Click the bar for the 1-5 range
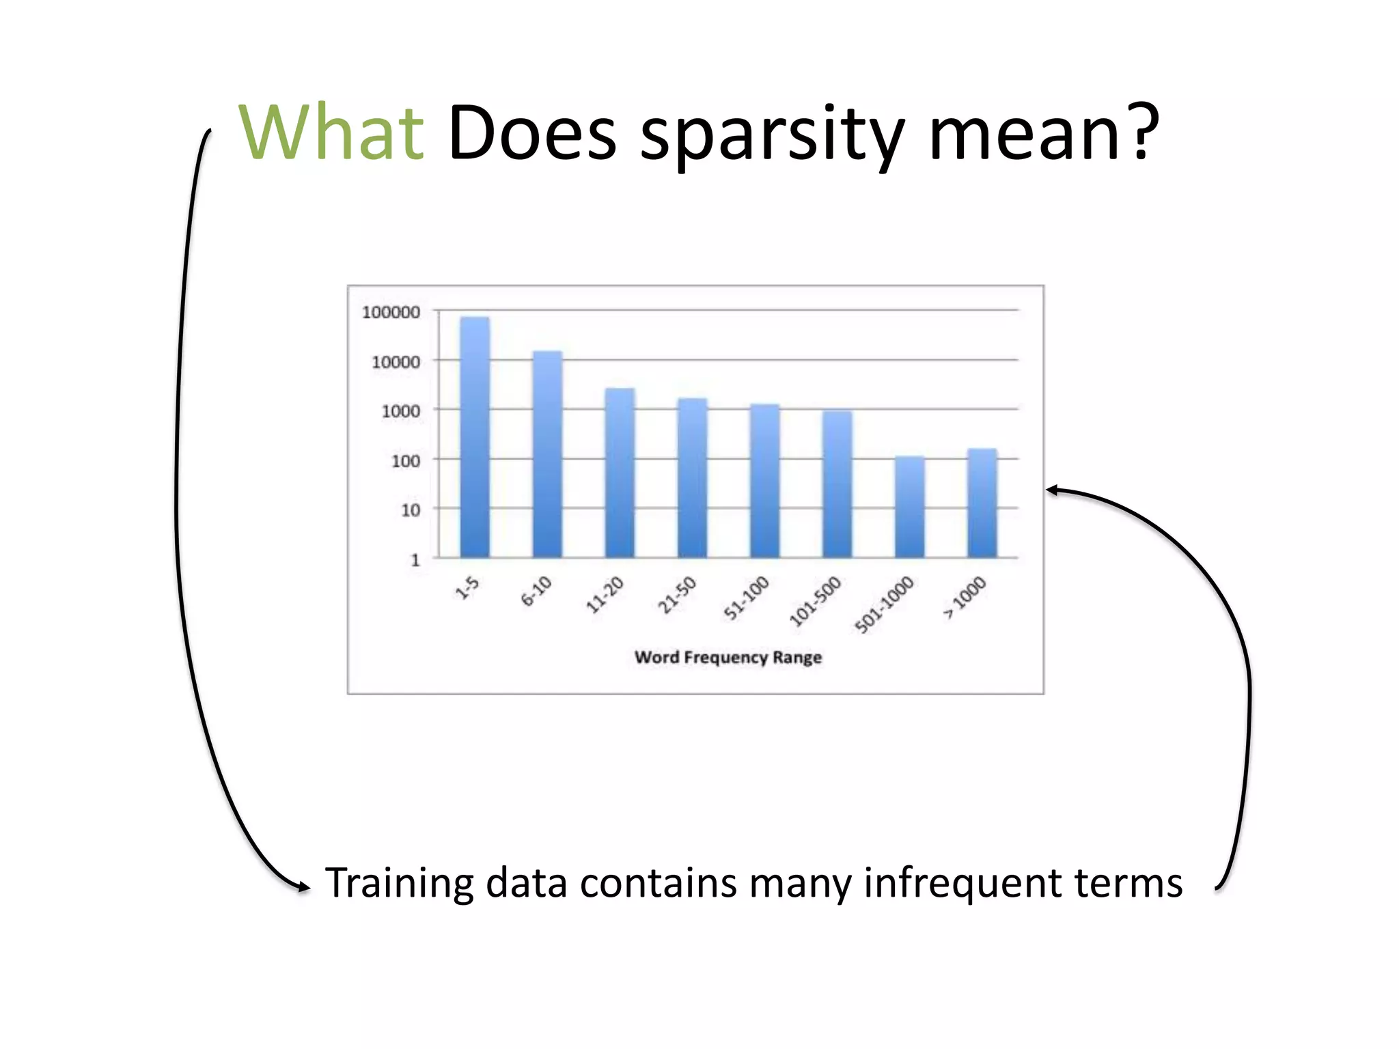[475, 437]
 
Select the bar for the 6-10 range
[547, 454]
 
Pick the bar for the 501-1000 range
[909, 507]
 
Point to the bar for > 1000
[982, 503]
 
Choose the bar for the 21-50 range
[692, 477]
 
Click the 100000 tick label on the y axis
[391, 312]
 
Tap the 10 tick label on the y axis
[410, 510]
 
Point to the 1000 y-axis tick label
[400, 411]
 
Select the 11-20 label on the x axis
[605, 594]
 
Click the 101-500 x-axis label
[815, 601]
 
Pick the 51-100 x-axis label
[747, 598]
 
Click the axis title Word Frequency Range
[728, 657]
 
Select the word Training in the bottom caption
[399, 882]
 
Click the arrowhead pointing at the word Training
[303, 886]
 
